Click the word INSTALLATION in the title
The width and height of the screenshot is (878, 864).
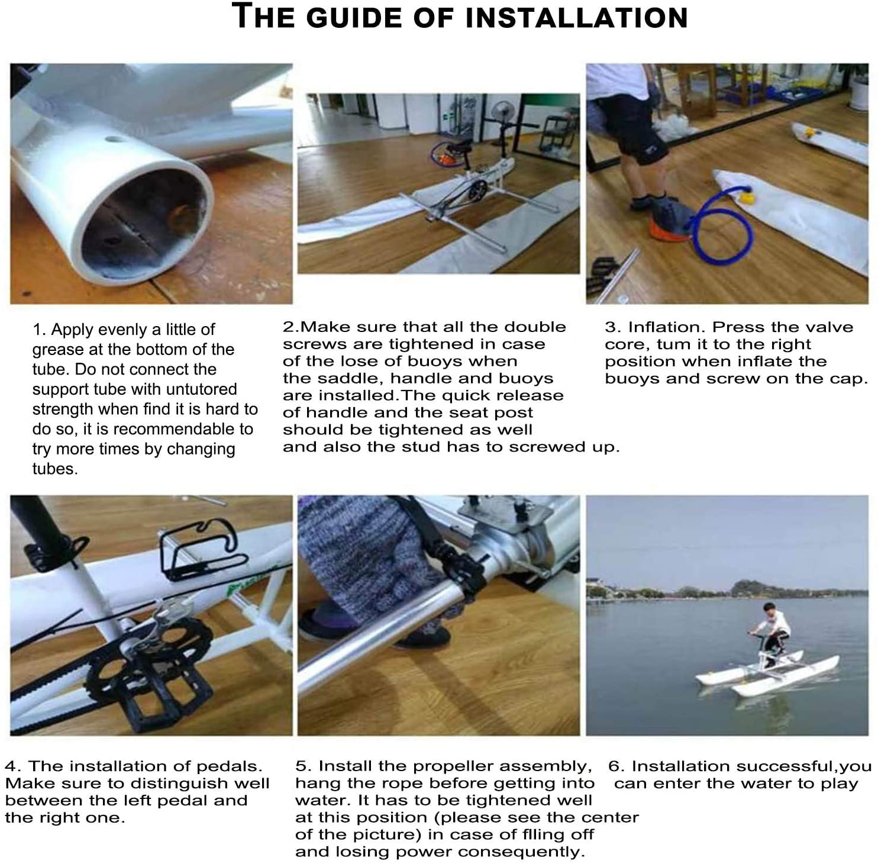tap(577, 17)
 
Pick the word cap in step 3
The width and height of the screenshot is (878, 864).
tap(853, 379)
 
